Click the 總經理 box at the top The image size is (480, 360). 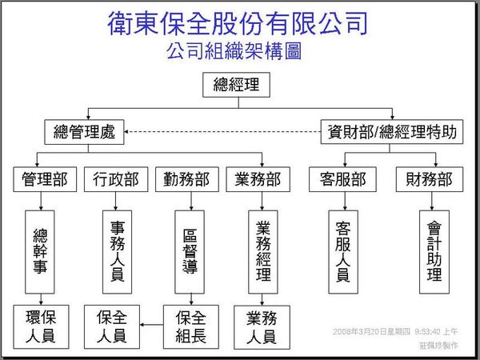tap(237, 85)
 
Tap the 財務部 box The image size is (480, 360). tap(429, 179)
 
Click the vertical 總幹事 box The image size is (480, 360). tap(42, 252)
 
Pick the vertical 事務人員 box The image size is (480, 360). tap(115, 251)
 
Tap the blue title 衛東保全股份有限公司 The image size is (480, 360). tap(238, 22)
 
